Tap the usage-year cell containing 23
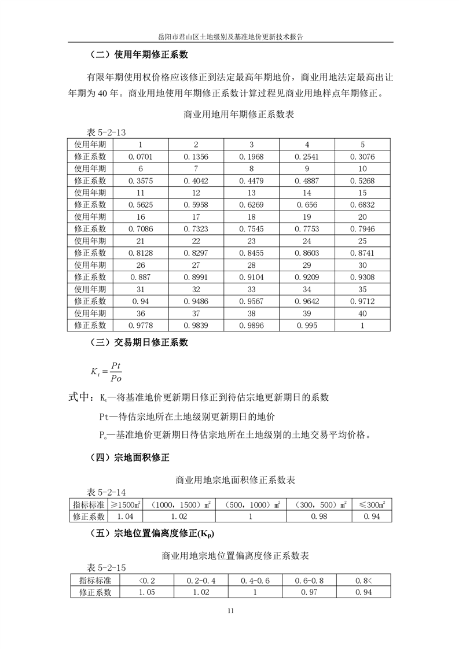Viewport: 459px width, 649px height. point(251,241)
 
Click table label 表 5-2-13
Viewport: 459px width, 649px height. point(106,132)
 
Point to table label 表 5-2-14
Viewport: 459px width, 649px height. point(106,492)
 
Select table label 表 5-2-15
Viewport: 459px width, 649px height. point(106,568)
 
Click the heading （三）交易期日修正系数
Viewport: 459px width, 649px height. point(139,342)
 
